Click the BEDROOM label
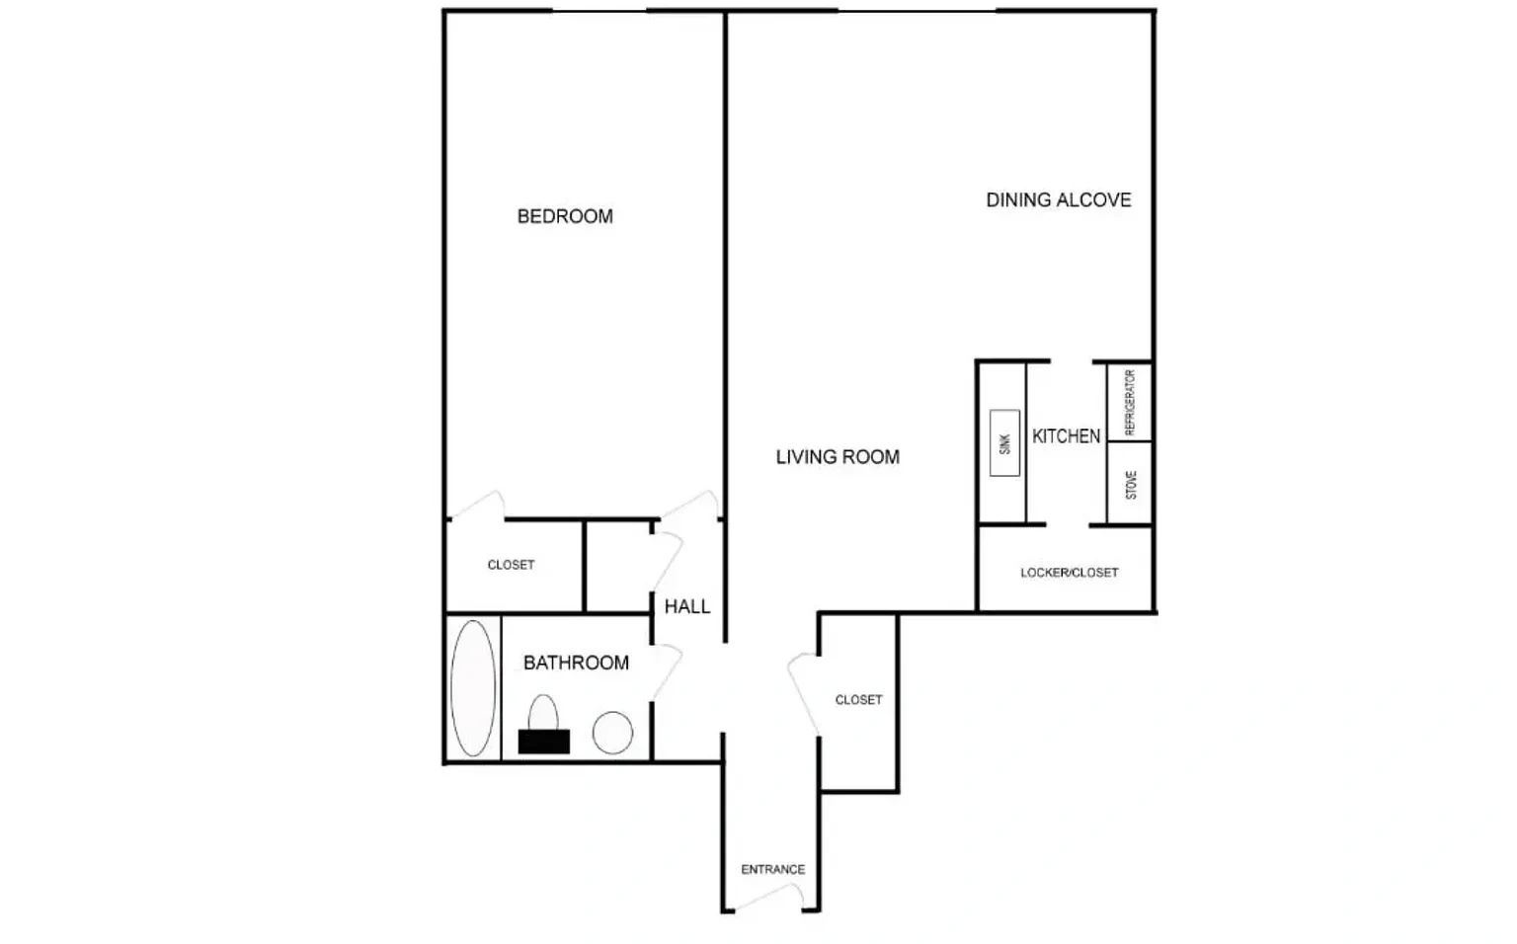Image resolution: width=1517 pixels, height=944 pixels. tap(565, 216)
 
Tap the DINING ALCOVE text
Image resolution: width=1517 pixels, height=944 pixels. tap(1059, 200)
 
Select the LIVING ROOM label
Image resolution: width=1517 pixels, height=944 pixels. tap(838, 457)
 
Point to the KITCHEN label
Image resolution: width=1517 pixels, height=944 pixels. tap(1066, 436)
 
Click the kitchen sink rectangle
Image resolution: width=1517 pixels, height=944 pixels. tap(1004, 443)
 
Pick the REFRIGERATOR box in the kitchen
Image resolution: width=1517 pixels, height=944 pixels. tap(1130, 402)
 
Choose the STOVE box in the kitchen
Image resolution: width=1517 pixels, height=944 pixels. tap(1130, 484)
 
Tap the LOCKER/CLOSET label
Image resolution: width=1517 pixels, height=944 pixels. tap(1070, 573)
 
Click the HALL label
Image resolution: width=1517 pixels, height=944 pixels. tap(687, 606)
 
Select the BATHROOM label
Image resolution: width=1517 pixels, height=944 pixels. tap(577, 663)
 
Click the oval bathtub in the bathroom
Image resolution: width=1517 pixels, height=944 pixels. tap(473, 688)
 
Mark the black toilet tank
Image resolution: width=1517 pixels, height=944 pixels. tap(544, 742)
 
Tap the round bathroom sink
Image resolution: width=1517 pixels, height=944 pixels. tap(612, 733)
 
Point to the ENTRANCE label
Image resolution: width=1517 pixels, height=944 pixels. tap(772, 870)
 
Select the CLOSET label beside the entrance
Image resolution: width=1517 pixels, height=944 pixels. tap(858, 700)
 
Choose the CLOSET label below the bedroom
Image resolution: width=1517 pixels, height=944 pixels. tap(511, 565)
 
